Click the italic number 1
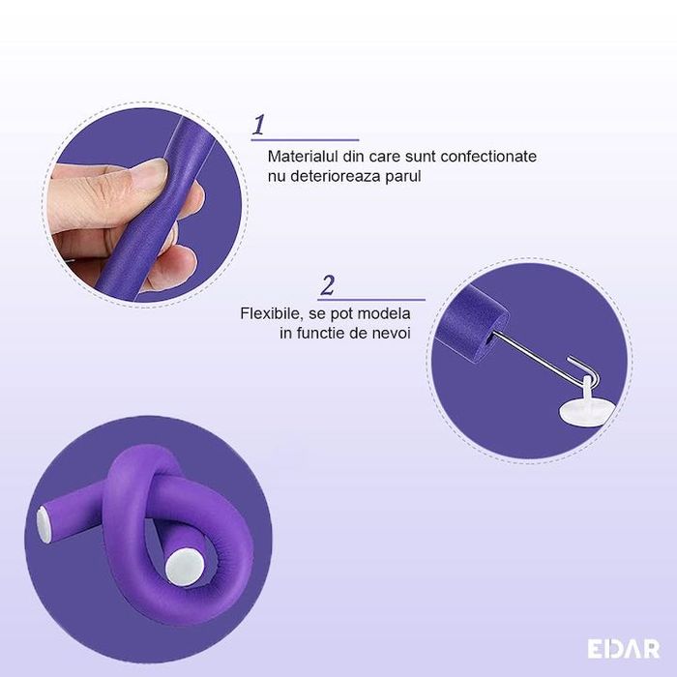point(258,125)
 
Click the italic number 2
point(328,285)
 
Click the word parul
point(403,177)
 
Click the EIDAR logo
point(624,649)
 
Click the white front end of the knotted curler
point(185,568)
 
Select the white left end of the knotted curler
point(44,524)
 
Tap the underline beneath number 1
point(306,140)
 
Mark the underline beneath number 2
point(371,299)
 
